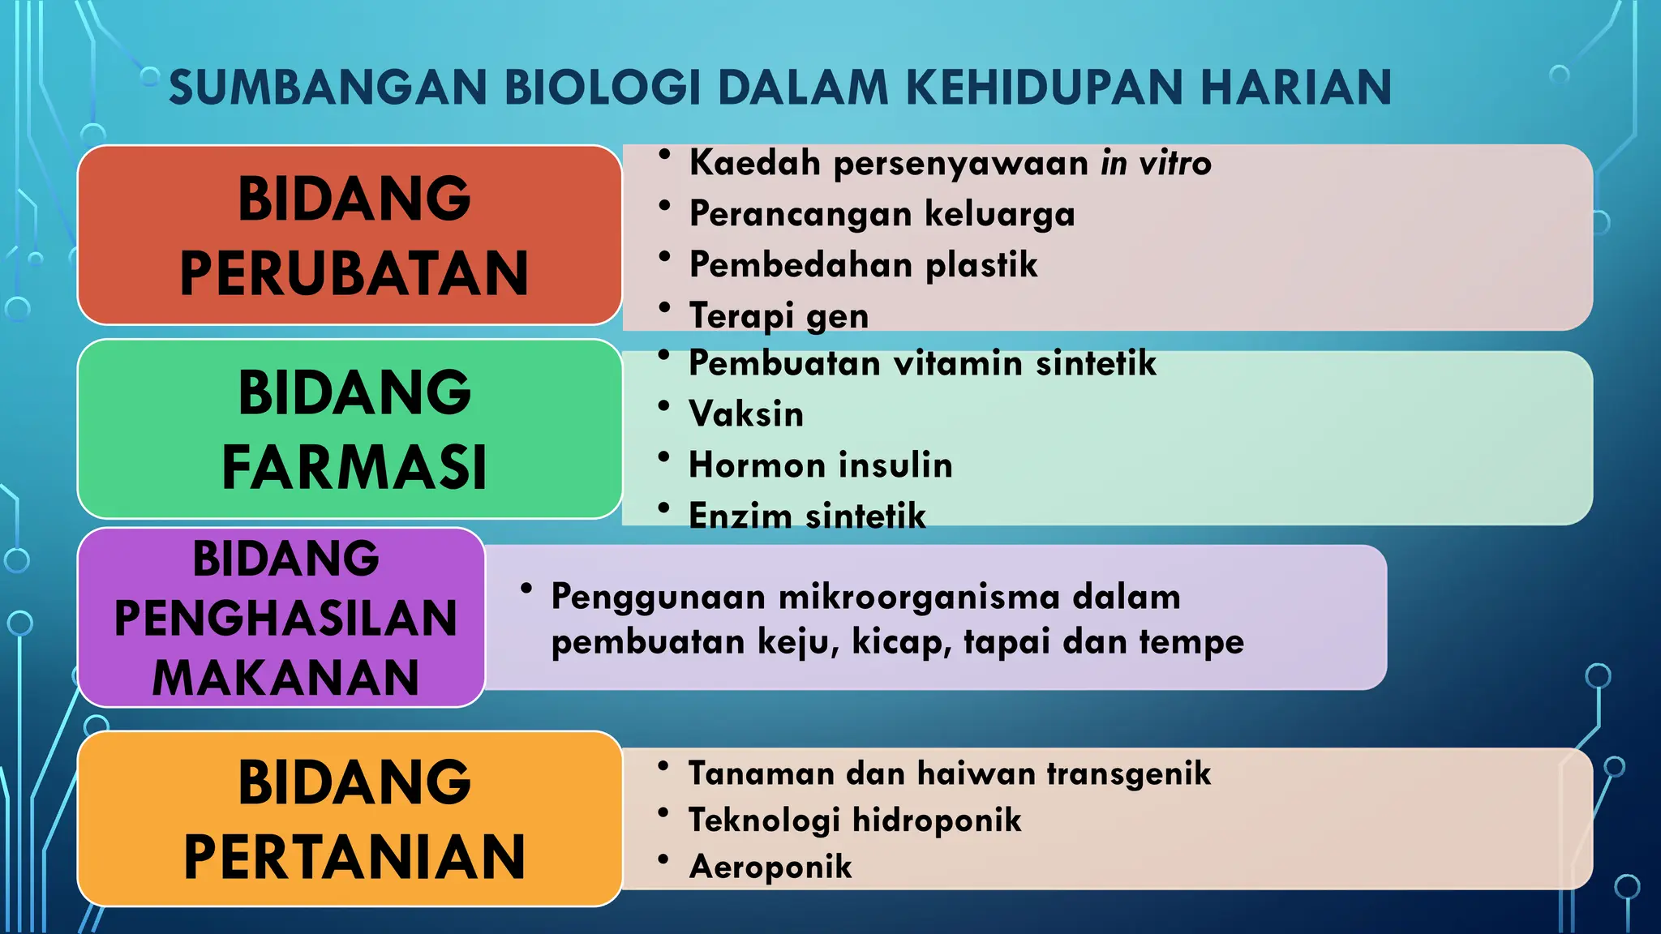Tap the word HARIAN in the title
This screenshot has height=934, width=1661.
coord(1295,88)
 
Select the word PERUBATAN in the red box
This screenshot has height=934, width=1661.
coord(354,273)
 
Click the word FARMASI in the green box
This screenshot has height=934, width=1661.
coord(354,468)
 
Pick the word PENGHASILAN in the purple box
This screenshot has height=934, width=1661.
coord(285,618)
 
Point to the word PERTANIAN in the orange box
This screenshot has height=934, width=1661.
coord(354,857)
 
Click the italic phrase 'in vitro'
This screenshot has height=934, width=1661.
coord(1156,163)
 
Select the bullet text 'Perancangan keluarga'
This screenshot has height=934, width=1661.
coord(882,214)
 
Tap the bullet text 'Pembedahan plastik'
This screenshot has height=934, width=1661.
coord(863,265)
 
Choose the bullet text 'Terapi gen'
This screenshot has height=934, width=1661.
coord(779,315)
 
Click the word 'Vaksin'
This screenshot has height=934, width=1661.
coord(746,414)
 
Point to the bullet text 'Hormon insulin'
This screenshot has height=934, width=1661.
coord(820,465)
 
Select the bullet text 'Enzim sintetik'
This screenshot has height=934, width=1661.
coord(807,516)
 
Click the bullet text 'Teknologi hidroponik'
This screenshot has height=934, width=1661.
coord(855,820)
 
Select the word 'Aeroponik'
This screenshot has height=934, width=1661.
coord(770,867)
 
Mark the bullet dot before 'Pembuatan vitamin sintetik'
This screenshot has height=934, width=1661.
coord(664,355)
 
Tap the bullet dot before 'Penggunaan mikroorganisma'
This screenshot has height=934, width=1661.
coord(526,589)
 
